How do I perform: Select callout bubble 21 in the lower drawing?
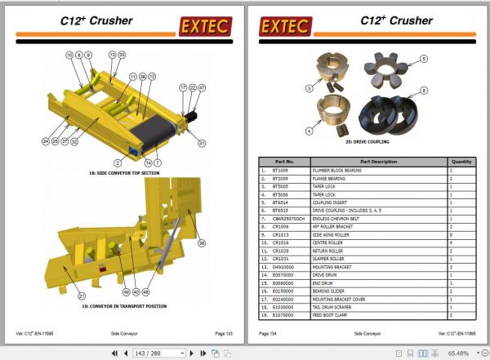click(81, 295)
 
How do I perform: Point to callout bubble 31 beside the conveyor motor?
click(202, 144)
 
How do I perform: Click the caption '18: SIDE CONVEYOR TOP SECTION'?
click(124, 173)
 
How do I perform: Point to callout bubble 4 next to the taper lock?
click(310, 129)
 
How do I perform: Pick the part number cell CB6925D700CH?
click(289, 218)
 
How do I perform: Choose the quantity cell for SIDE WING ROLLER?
click(450, 234)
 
